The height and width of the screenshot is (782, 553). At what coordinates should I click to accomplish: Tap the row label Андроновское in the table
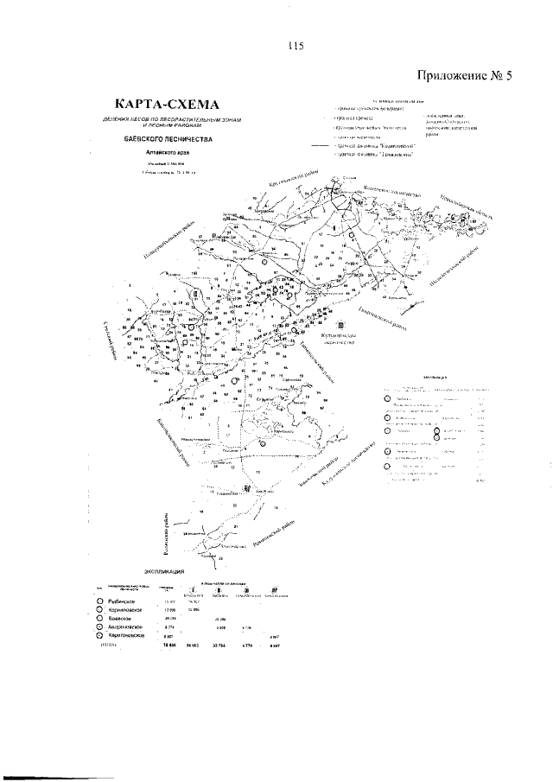click(x=125, y=628)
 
